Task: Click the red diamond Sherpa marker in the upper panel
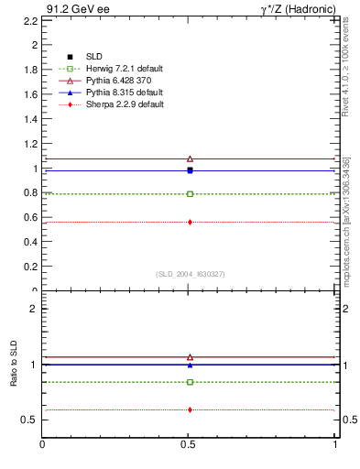pyautogui.click(x=190, y=222)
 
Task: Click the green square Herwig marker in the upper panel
pyautogui.click(x=190, y=194)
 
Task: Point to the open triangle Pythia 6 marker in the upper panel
pyautogui.click(x=190, y=158)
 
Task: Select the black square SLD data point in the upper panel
pyautogui.click(x=190, y=169)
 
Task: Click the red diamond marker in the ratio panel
pyautogui.click(x=190, y=409)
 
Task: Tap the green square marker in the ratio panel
pyautogui.click(x=190, y=382)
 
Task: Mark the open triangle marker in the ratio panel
pyautogui.click(x=190, y=357)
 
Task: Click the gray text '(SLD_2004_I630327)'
pyautogui.click(x=190, y=274)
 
